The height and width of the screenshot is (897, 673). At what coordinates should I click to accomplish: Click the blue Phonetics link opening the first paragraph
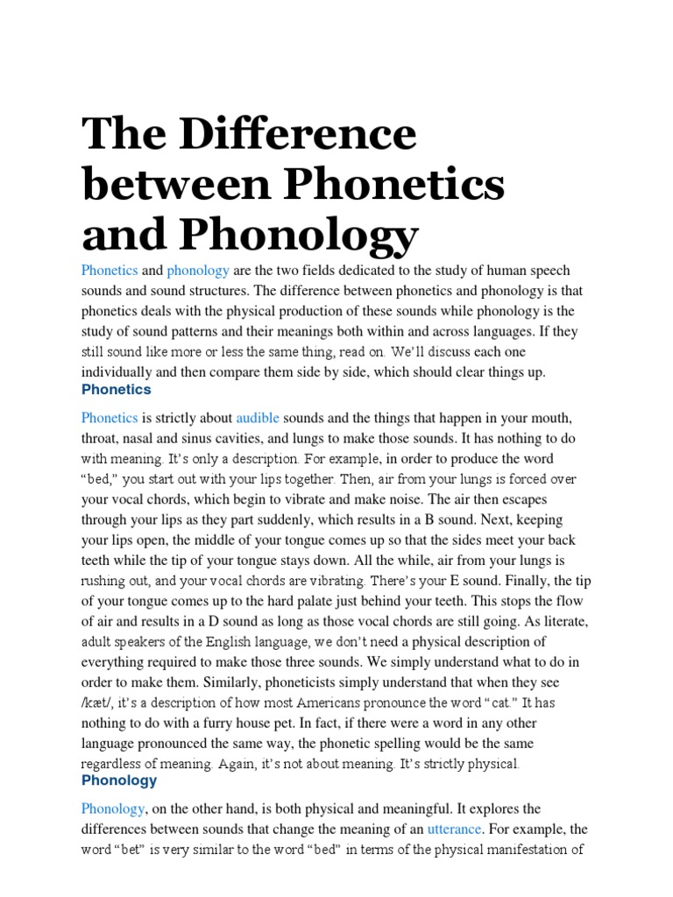coord(110,271)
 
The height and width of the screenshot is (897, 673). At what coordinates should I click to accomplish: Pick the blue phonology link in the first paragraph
coord(198,271)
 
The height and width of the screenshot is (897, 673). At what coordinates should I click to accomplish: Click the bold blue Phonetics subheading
coord(116,390)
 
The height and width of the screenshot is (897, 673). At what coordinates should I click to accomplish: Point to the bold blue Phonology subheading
coord(119,780)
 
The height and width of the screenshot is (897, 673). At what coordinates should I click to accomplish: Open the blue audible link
coord(258,418)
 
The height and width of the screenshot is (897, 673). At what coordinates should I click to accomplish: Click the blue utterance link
coord(454,828)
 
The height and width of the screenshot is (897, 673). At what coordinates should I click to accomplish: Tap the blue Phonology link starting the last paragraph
coord(112,808)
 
